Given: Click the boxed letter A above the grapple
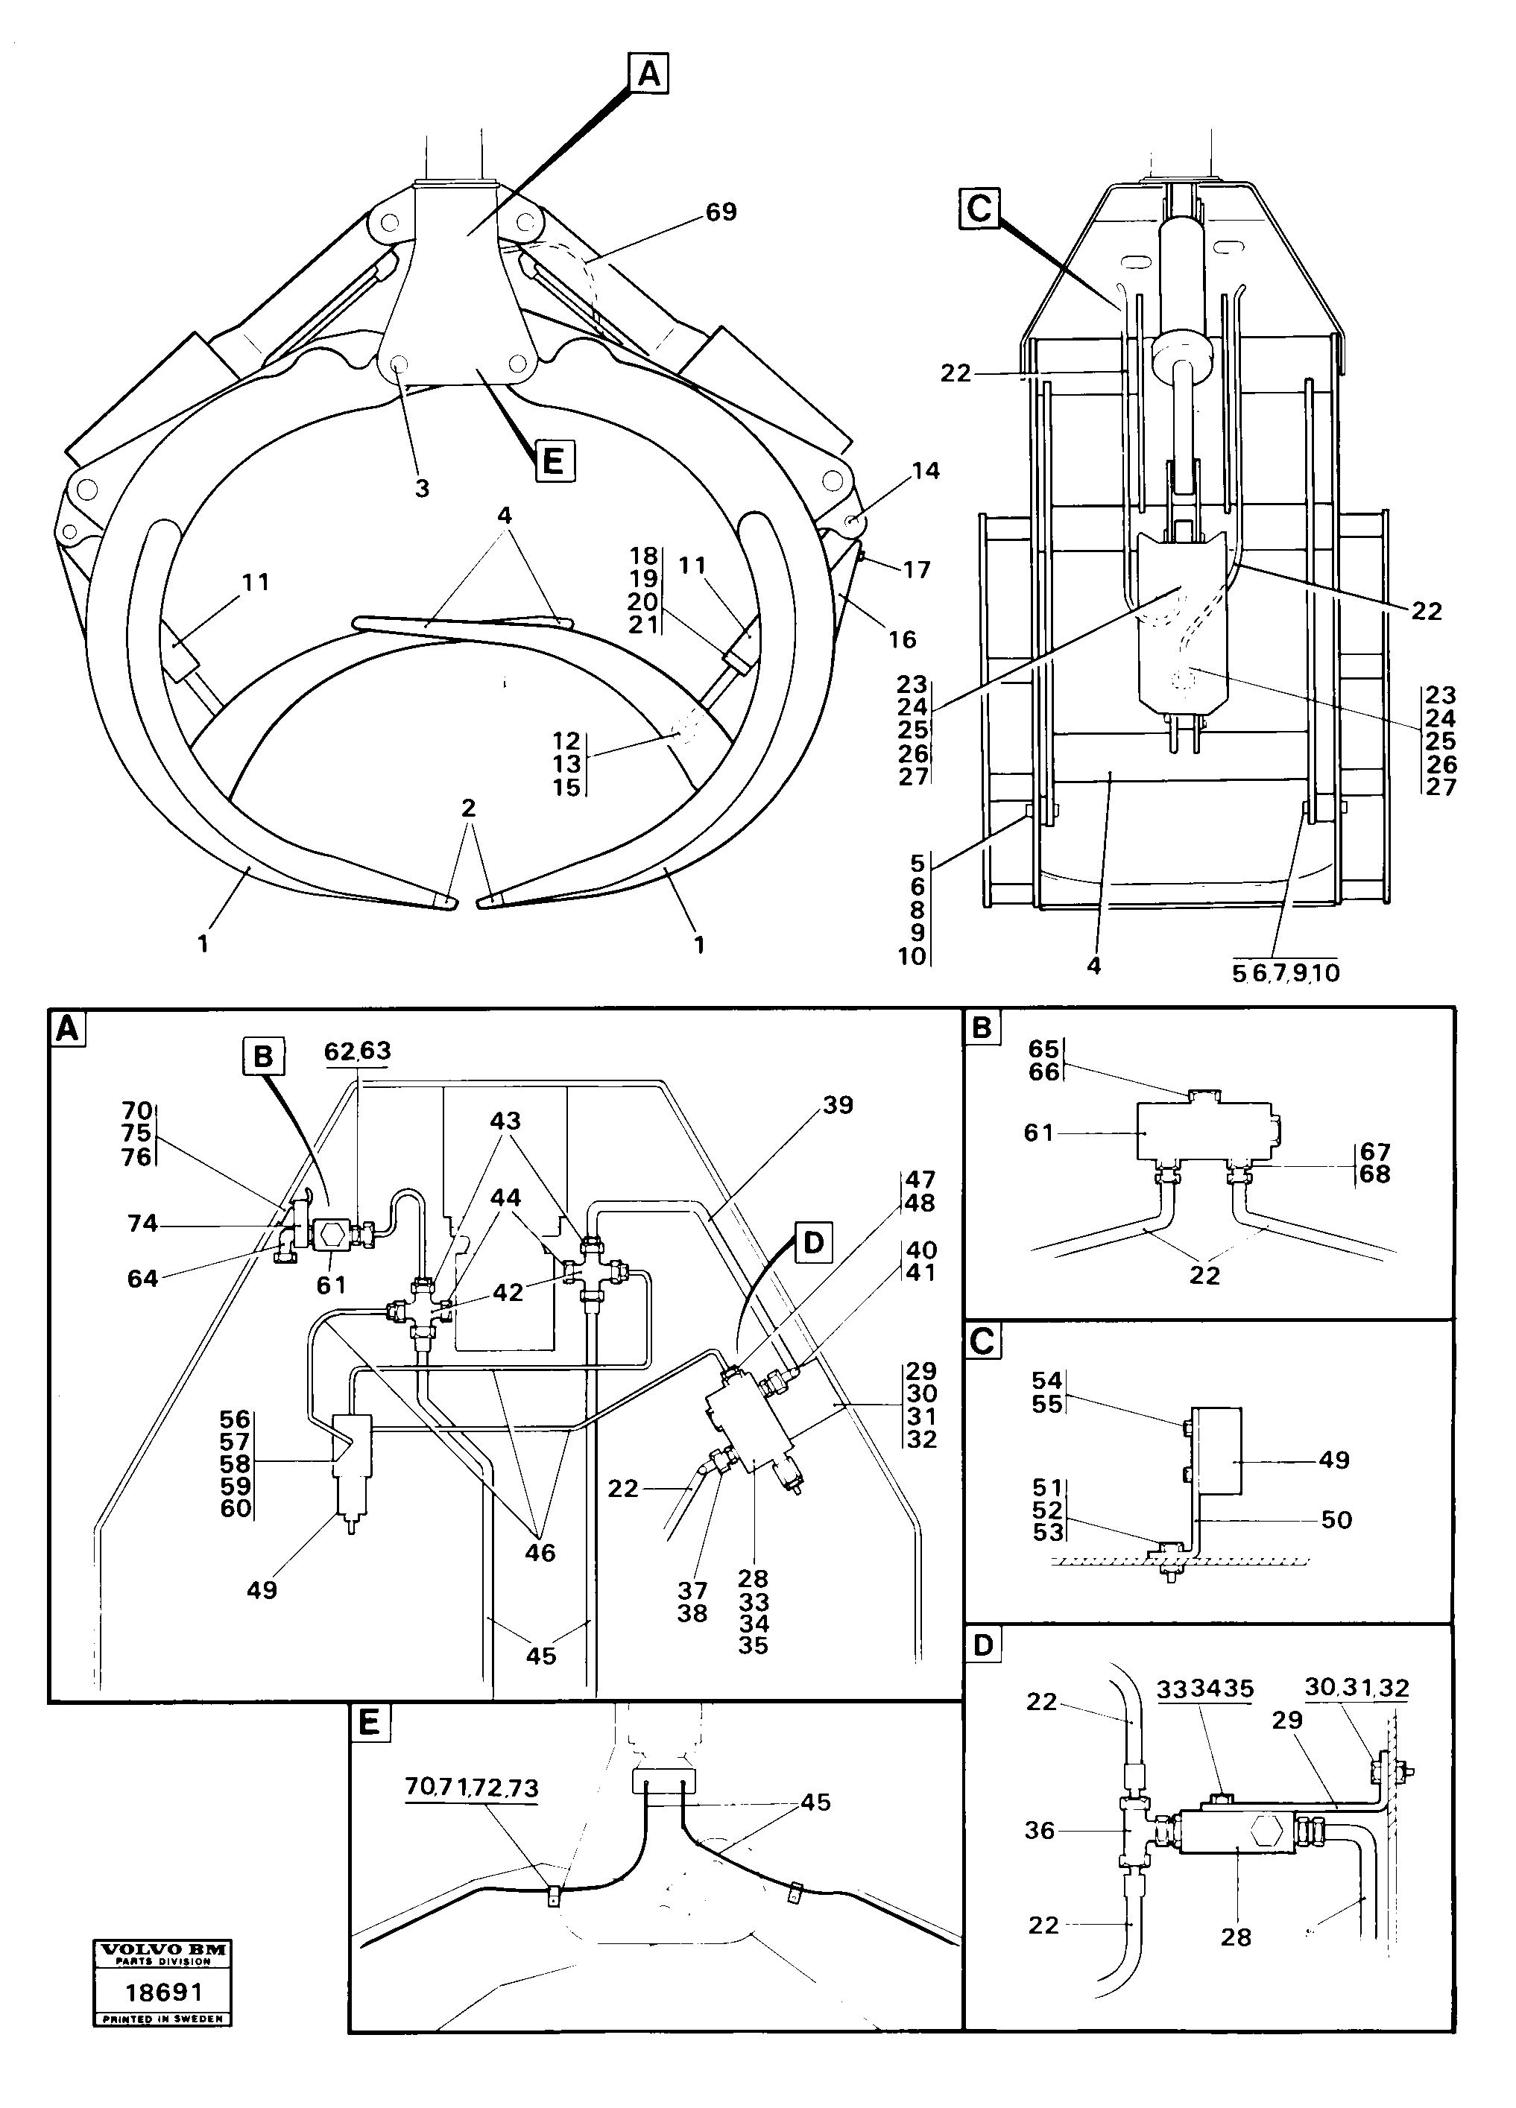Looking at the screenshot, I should (x=648, y=74).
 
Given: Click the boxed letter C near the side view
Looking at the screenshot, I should (x=979, y=208).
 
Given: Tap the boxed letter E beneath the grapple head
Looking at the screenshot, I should (x=554, y=461).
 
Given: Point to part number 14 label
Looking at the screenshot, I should (x=925, y=471).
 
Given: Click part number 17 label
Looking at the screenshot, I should (x=917, y=570).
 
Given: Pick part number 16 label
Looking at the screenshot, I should (x=902, y=639).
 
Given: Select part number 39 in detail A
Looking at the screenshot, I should (x=838, y=1105).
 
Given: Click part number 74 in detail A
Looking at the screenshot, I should (x=142, y=1224).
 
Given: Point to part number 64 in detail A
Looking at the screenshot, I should (x=142, y=1279).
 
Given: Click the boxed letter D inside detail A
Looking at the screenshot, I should (x=813, y=1244).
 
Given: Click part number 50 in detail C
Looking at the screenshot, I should (x=1336, y=1519).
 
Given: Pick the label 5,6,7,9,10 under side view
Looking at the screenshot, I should (x=1286, y=974).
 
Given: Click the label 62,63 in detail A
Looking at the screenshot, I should (x=357, y=1051).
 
